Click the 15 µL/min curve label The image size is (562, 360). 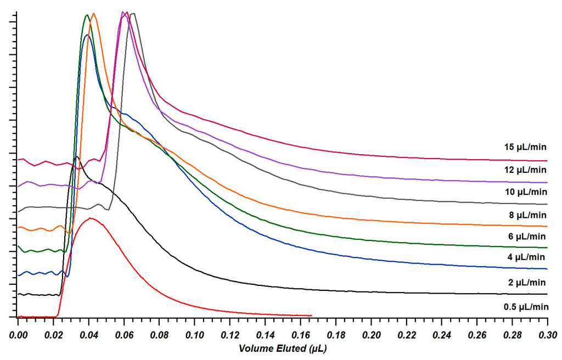[525, 147]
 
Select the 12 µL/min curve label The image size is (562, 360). [525, 169]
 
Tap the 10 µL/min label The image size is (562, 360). [526, 192]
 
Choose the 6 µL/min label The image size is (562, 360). [527, 237]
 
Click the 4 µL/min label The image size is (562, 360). [526, 257]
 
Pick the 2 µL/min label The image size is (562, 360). [527, 283]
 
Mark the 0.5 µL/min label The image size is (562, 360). [526, 307]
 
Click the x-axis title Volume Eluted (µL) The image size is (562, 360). [283, 348]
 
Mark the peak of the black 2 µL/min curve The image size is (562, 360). [76, 157]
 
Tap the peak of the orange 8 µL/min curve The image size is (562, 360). [94, 13]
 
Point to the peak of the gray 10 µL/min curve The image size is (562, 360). [133, 14]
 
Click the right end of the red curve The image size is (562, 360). [311, 316]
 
